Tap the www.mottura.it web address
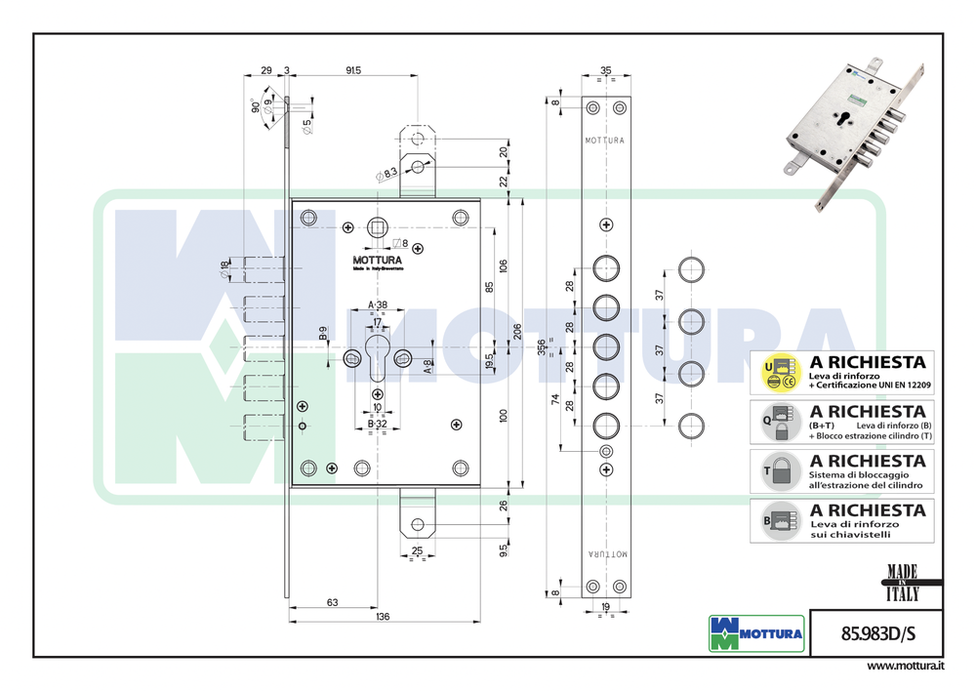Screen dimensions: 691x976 [905, 666]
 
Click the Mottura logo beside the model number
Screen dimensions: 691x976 [755, 633]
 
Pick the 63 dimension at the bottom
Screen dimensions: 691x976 [332, 603]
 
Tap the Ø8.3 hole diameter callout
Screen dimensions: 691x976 [386, 173]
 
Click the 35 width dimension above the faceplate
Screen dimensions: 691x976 [605, 70]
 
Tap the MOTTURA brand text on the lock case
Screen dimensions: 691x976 [376, 261]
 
